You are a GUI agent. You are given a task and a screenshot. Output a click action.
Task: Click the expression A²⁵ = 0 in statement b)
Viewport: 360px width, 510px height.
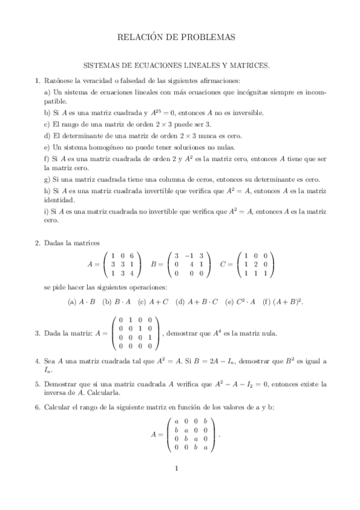pyautogui.click(x=169, y=112)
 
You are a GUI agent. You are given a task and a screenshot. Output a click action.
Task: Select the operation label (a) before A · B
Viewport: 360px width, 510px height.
pyautogui.click(x=72, y=301)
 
